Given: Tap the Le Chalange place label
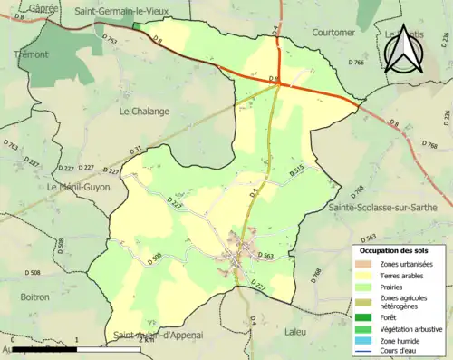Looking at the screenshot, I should (x=144, y=112).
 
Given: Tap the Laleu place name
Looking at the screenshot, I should (x=323, y=333).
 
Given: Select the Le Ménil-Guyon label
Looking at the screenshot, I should (x=76, y=187).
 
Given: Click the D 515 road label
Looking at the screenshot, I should (x=296, y=170).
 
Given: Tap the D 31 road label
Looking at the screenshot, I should (x=136, y=151).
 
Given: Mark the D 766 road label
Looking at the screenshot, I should (x=355, y=63).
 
